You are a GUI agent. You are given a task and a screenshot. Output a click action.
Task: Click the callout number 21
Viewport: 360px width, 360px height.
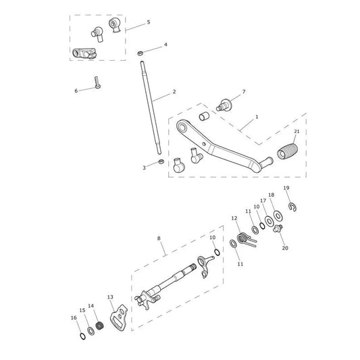pyautogui.click(x=297, y=132)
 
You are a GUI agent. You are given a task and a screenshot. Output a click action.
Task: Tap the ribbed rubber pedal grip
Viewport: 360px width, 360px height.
pyautogui.click(x=287, y=151)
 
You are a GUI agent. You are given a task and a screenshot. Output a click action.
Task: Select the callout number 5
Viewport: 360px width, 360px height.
pyautogui.click(x=149, y=22)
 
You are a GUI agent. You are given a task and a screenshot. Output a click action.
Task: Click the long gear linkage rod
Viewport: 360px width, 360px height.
pyautogui.click(x=151, y=107)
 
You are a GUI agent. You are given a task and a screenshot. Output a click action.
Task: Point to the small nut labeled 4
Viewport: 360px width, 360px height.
pyautogui.click(x=140, y=53)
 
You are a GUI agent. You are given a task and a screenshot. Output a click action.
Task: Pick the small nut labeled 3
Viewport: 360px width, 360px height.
pyautogui.click(x=161, y=161)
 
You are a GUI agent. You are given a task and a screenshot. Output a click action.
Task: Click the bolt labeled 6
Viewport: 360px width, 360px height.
pyautogui.click(x=97, y=82)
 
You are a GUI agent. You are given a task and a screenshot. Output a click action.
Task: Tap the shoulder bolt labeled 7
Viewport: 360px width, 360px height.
pyautogui.click(x=224, y=105)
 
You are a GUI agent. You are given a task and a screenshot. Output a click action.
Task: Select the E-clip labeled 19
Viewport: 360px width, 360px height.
pyautogui.click(x=292, y=207)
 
